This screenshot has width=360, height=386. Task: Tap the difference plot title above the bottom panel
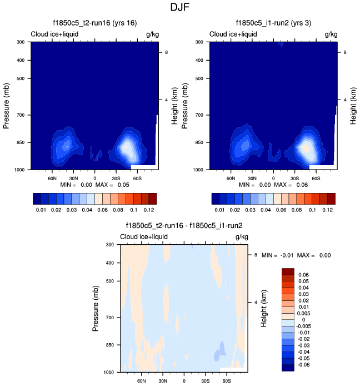click(184, 226)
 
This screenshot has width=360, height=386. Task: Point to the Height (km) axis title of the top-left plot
click(174, 105)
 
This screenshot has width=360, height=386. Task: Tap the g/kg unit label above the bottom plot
click(241, 237)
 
